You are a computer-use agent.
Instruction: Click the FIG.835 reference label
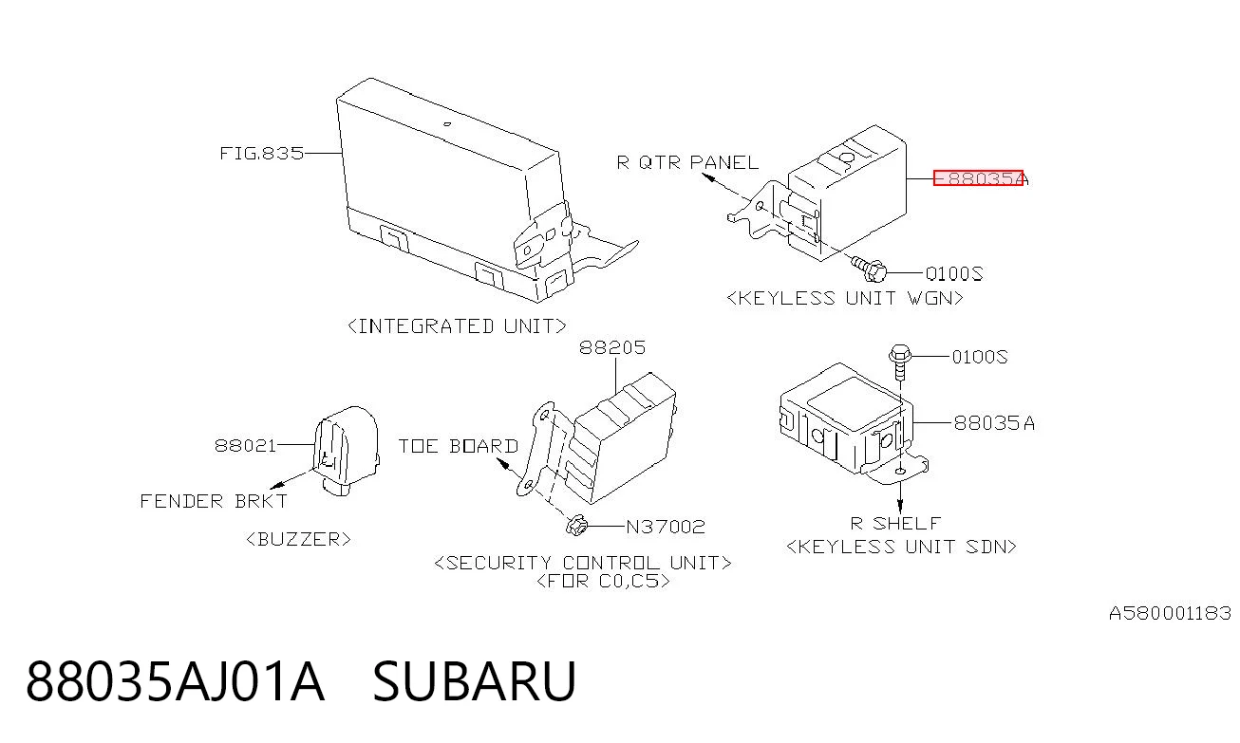(x=262, y=153)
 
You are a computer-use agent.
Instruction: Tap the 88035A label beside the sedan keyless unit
(x=994, y=423)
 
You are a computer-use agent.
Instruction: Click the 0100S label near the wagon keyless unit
(x=954, y=273)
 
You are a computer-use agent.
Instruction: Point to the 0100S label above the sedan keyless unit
(x=980, y=357)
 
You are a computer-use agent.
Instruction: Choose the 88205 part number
(x=612, y=347)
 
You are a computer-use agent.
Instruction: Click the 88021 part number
(x=245, y=445)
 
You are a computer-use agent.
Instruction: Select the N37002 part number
(x=666, y=526)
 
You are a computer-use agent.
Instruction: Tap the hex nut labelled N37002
(x=575, y=525)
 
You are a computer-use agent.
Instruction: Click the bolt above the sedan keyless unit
(x=900, y=362)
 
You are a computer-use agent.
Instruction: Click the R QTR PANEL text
(x=687, y=162)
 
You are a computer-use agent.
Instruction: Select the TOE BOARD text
(x=459, y=446)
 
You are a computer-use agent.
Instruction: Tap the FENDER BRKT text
(x=214, y=501)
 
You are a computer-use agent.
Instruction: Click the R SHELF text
(x=895, y=523)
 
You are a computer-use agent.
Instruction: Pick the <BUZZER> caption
(x=298, y=539)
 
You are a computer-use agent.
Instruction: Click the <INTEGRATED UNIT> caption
(x=457, y=326)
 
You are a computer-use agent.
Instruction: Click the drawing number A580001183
(x=1171, y=613)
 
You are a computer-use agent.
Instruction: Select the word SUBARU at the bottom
(x=475, y=681)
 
